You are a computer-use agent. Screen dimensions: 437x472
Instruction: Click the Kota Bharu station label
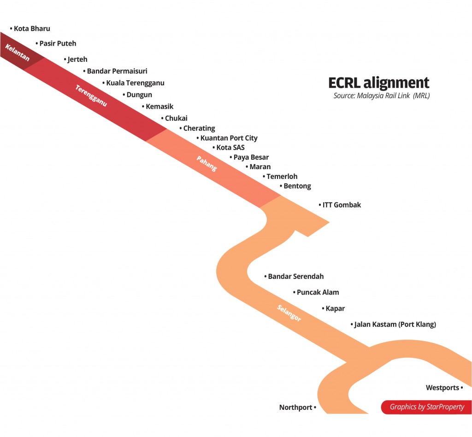[x=32, y=29]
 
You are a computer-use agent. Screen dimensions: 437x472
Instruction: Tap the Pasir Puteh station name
[x=58, y=43]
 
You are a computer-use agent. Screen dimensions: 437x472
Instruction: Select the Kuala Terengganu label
[x=135, y=83]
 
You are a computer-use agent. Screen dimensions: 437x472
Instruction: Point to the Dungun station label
[x=139, y=95]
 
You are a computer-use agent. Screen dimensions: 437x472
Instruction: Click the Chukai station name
[x=176, y=118]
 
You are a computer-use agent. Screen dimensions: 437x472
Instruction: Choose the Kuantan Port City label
[x=229, y=138]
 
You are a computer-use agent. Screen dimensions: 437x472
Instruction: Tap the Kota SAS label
[x=230, y=148]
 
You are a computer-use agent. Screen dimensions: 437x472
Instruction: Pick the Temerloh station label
[x=282, y=177]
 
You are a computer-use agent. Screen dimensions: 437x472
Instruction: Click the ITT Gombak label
[x=342, y=205]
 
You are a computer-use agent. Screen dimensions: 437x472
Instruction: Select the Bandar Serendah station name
[x=295, y=277]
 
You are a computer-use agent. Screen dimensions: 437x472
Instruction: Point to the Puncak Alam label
[x=318, y=292]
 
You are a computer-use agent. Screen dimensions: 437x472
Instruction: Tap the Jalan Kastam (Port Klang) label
[x=395, y=325]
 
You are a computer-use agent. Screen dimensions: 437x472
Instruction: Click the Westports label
[x=442, y=388]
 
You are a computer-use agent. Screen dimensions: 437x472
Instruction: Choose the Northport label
[x=296, y=407]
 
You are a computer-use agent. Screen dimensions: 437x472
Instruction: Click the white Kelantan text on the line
[x=18, y=53]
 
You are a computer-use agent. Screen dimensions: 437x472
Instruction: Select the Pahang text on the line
[x=206, y=164]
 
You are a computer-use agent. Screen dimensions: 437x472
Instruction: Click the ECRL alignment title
[x=378, y=83]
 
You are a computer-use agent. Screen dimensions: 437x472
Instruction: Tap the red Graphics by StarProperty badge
[x=426, y=407]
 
